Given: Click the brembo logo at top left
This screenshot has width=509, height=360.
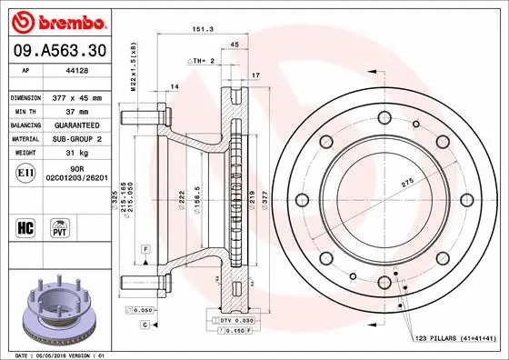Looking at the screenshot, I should (x=57, y=20).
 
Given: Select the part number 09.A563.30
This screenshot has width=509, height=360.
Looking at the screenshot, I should (x=57, y=51).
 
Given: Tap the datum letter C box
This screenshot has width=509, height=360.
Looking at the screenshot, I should (x=145, y=324).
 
